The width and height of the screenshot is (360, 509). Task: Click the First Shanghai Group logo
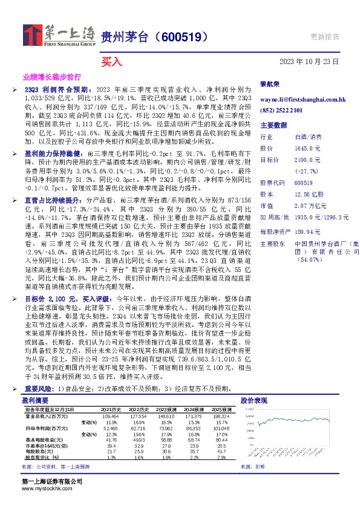[59, 36]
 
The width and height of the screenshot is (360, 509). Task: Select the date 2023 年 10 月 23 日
[309, 61]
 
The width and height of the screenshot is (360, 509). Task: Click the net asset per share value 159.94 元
[306, 232]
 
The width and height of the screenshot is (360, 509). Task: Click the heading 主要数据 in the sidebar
[273, 125]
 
